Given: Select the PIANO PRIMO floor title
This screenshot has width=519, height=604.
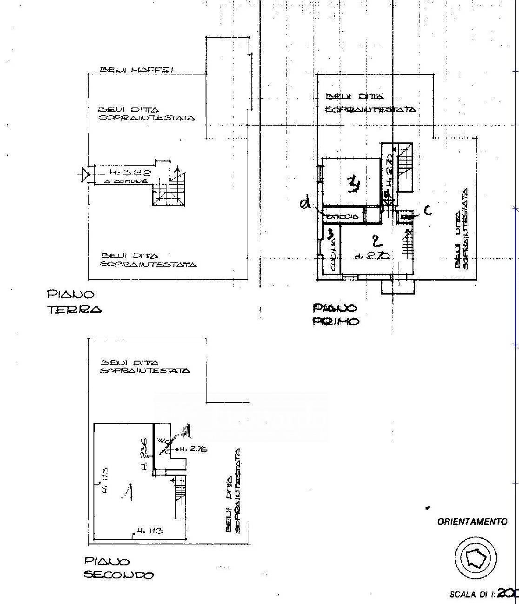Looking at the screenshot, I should point(335,315).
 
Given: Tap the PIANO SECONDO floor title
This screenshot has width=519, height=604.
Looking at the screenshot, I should point(118,568).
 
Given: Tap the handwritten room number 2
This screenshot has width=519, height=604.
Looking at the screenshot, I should point(377,241).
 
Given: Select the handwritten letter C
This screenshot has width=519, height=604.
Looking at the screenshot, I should point(427,211).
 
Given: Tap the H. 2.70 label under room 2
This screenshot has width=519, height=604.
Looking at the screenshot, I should point(372,255).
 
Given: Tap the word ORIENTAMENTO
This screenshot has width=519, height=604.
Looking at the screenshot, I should point(472,522).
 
